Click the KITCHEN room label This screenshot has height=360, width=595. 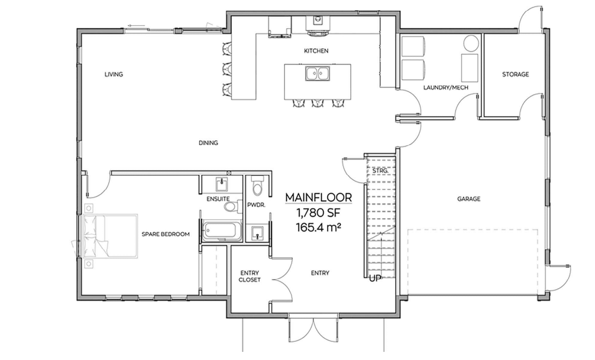point(316,51)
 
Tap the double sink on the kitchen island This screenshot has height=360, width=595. point(317,74)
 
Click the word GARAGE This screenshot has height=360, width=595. point(468,199)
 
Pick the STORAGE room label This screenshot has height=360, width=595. point(515,74)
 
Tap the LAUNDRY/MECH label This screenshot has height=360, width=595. point(446,87)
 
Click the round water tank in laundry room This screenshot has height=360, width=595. point(471,43)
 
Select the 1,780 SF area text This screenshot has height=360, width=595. point(318,213)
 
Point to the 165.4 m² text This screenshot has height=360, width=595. point(318,228)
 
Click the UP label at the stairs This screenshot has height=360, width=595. point(375,278)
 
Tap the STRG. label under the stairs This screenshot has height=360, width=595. point(380,171)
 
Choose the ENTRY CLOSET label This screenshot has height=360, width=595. point(250,276)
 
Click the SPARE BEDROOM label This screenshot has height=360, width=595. point(166,234)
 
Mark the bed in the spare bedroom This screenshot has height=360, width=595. point(111,236)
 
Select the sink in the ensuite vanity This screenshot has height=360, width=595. point(222,184)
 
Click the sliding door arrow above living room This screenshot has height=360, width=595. point(137,26)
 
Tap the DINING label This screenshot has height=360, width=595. point(208,143)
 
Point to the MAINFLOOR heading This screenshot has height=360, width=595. point(318,197)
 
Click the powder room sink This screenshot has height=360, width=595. point(257,233)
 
